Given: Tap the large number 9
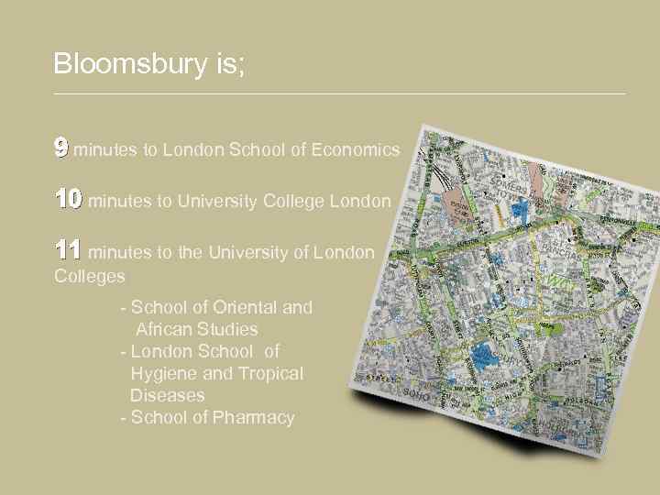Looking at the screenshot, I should click(x=60, y=148).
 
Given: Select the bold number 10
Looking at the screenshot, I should click(x=68, y=199).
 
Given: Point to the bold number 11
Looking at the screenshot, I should click(x=68, y=249).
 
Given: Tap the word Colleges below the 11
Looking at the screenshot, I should click(x=90, y=275).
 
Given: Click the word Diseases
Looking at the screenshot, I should click(x=168, y=396).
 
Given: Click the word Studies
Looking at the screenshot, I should click(x=229, y=330).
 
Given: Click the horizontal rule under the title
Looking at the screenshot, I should click(x=339, y=93).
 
